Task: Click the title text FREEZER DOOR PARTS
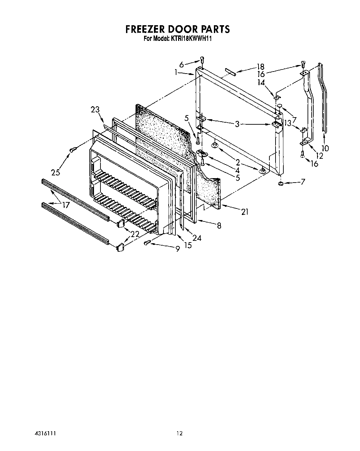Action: pyautogui.click(x=177, y=29)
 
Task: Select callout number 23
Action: pyautogui.click(x=95, y=110)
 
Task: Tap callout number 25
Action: pyautogui.click(x=56, y=172)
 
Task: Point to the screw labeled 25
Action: pyautogui.click(x=72, y=150)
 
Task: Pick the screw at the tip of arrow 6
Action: pyautogui.click(x=202, y=60)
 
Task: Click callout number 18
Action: pyautogui.click(x=261, y=67)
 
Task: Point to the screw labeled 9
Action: pyautogui.click(x=147, y=243)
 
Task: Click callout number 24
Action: pyautogui.click(x=197, y=238)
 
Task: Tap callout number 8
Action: pyautogui.click(x=219, y=225)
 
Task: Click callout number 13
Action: pyautogui.click(x=288, y=123)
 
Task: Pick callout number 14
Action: pyautogui.click(x=261, y=82)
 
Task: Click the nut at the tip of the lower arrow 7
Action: pyautogui.click(x=281, y=184)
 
